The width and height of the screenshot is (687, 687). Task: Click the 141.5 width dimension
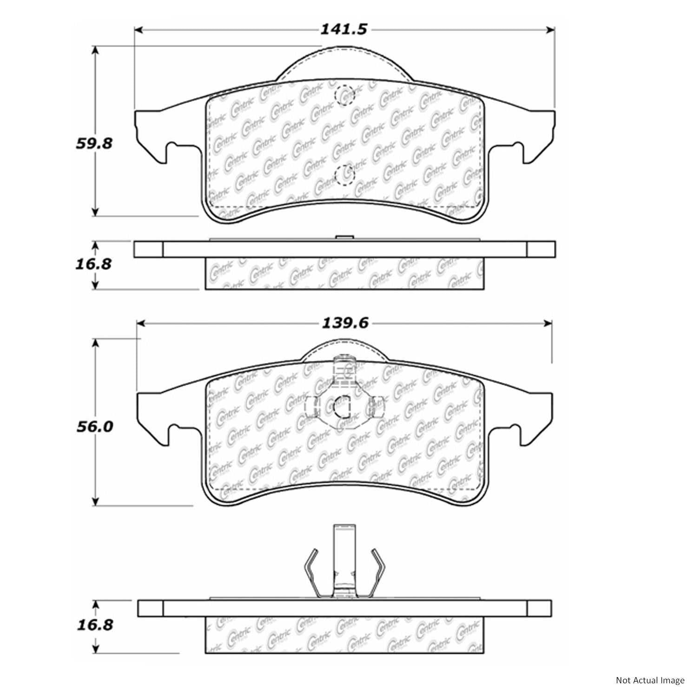coord(343,29)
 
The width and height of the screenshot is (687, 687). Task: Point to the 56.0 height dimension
coord(94,426)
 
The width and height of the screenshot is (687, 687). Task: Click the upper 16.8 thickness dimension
coord(93,264)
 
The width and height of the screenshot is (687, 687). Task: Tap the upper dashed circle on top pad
coord(344,95)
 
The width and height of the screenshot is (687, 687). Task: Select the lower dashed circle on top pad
coord(344,175)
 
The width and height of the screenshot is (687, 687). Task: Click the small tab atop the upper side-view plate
coord(344,238)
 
